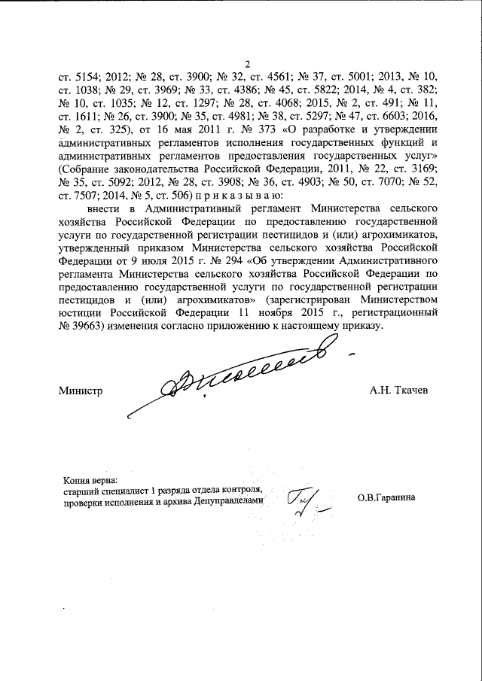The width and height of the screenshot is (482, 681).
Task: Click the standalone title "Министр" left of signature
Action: tap(80, 391)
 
